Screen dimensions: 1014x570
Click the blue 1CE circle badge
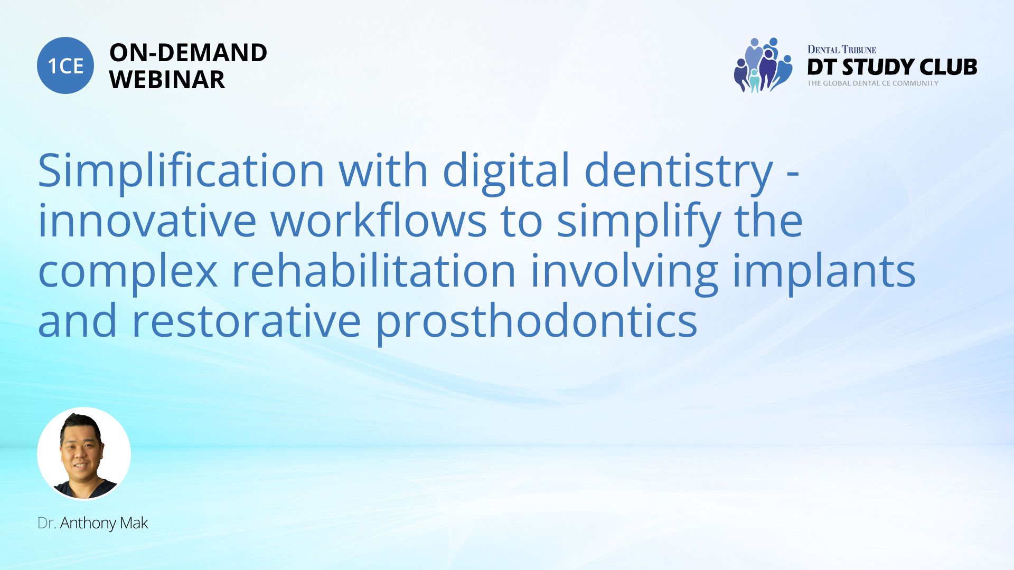point(65,65)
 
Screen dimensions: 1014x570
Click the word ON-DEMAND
point(188,53)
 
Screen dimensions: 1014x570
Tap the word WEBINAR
point(167,80)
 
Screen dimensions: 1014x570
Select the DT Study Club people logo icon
point(763,65)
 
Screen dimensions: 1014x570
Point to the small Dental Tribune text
point(842,50)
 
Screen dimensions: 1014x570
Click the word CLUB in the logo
point(949,67)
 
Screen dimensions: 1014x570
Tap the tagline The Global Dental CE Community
point(872,83)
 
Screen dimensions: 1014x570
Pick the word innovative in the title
point(147,221)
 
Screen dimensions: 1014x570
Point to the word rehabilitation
point(374,270)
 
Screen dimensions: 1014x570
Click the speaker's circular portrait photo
point(84,453)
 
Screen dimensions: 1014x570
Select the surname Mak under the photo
point(134,523)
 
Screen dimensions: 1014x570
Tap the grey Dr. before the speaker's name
point(47,523)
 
